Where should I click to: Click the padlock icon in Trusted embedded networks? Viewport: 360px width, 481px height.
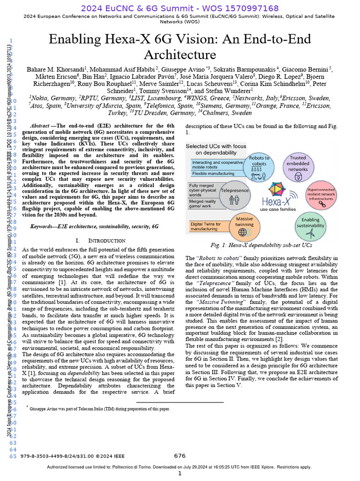tap(298, 177)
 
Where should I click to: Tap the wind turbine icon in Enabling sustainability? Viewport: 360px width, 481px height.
tap(310, 233)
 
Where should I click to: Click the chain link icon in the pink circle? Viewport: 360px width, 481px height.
tap(322, 203)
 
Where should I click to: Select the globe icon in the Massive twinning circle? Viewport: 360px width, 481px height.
tap(244, 232)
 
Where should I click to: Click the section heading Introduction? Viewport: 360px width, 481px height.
tap(107, 240)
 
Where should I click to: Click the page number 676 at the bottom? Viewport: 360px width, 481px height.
tap(180, 456)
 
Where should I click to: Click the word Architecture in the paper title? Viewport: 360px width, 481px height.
tap(180, 54)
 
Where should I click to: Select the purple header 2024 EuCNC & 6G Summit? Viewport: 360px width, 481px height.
tap(180, 8)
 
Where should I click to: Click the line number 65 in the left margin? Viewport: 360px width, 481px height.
tap(12, 456)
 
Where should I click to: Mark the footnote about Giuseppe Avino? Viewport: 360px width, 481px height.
tap(98, 409)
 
